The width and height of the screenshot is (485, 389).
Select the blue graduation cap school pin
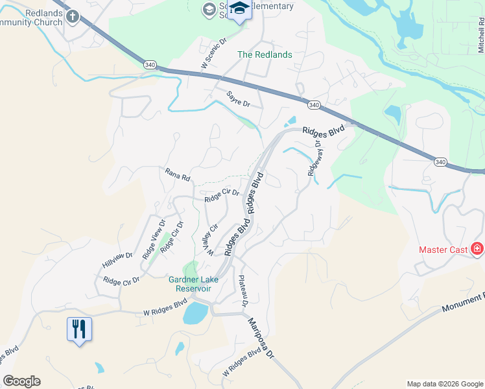(x=240, y=10)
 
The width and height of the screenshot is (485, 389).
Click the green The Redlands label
(x=265, y=54)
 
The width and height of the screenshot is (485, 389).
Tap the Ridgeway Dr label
(x=314, y=159)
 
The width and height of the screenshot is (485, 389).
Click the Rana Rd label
(x=177, y=175)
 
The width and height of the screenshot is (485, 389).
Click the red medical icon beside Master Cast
(x=477, y=248)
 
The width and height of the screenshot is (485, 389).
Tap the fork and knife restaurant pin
(x=79, y=329)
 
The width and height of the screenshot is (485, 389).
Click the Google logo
(x=21, y=381)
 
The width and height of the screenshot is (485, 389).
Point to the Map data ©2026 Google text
(x=444, y=384)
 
